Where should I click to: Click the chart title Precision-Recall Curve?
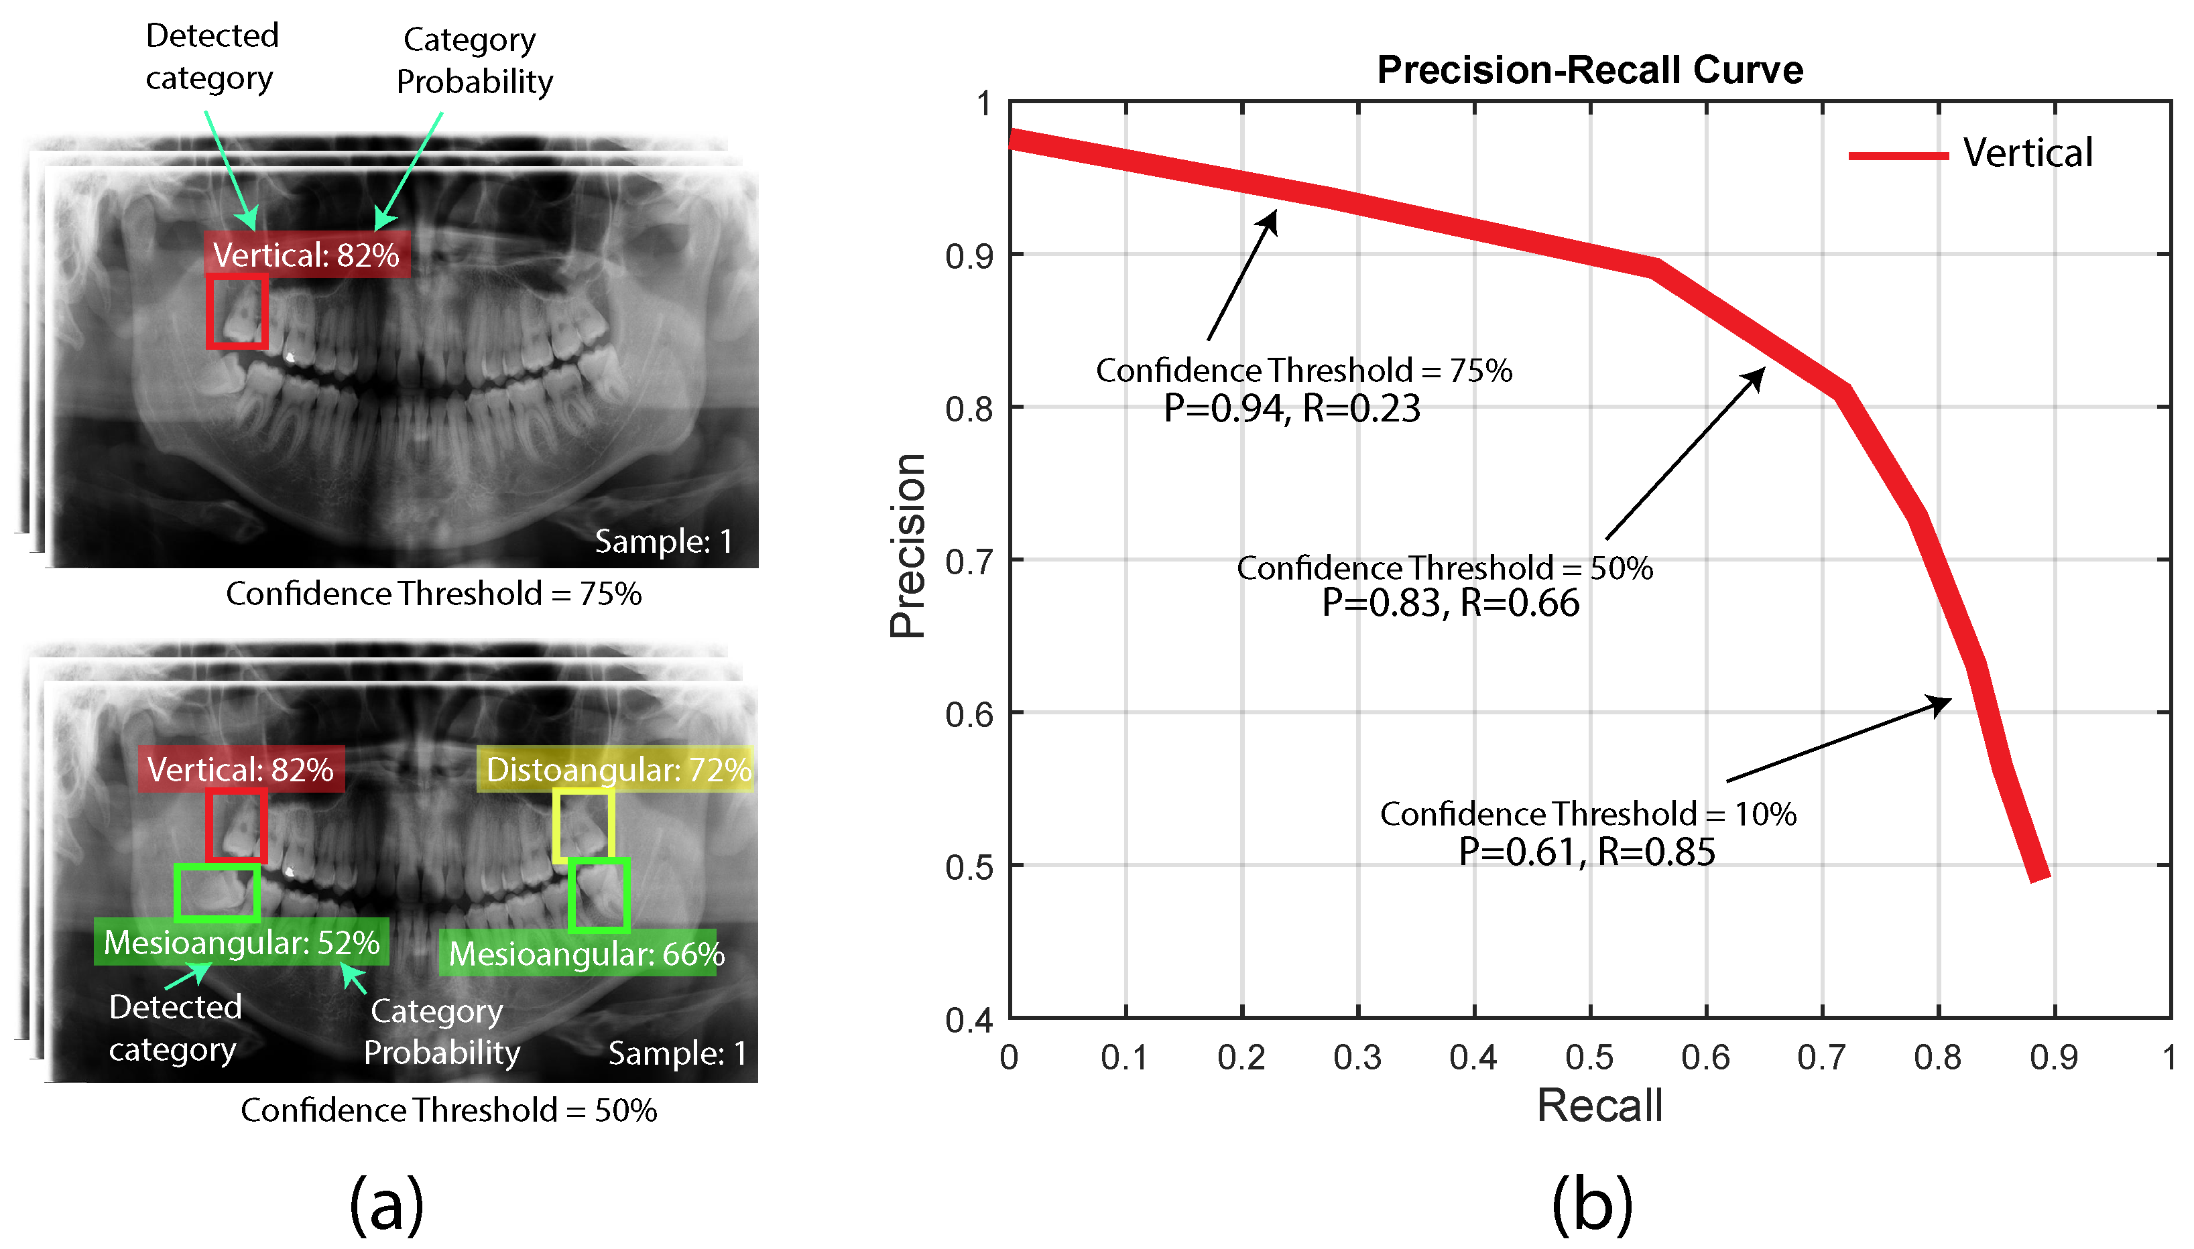click(x=1589, y=70)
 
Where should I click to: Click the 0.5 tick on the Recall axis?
click(x=1589, y=1058)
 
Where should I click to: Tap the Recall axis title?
click(x=1599, y=1105)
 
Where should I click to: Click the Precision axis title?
click(x=908, y=545)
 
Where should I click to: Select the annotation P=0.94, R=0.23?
click(x=1291, y=409)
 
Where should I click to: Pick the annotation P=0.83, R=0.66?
click(x=1450, y=603)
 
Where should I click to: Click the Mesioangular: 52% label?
click(x=241, y=942)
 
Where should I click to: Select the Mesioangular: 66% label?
click(x=586, y=954)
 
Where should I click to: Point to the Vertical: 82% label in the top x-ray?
click(x=306, y=255)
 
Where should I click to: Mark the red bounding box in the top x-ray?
click(x=237, y=312)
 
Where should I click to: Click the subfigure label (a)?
click(x=387, y=1204)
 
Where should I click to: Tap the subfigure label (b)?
click(x=1591, y=1204)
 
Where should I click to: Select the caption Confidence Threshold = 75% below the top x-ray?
click(x=433, y=594)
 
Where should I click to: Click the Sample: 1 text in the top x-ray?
click(x=663, y=541)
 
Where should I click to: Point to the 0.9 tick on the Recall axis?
click(x=2053, y=1058)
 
